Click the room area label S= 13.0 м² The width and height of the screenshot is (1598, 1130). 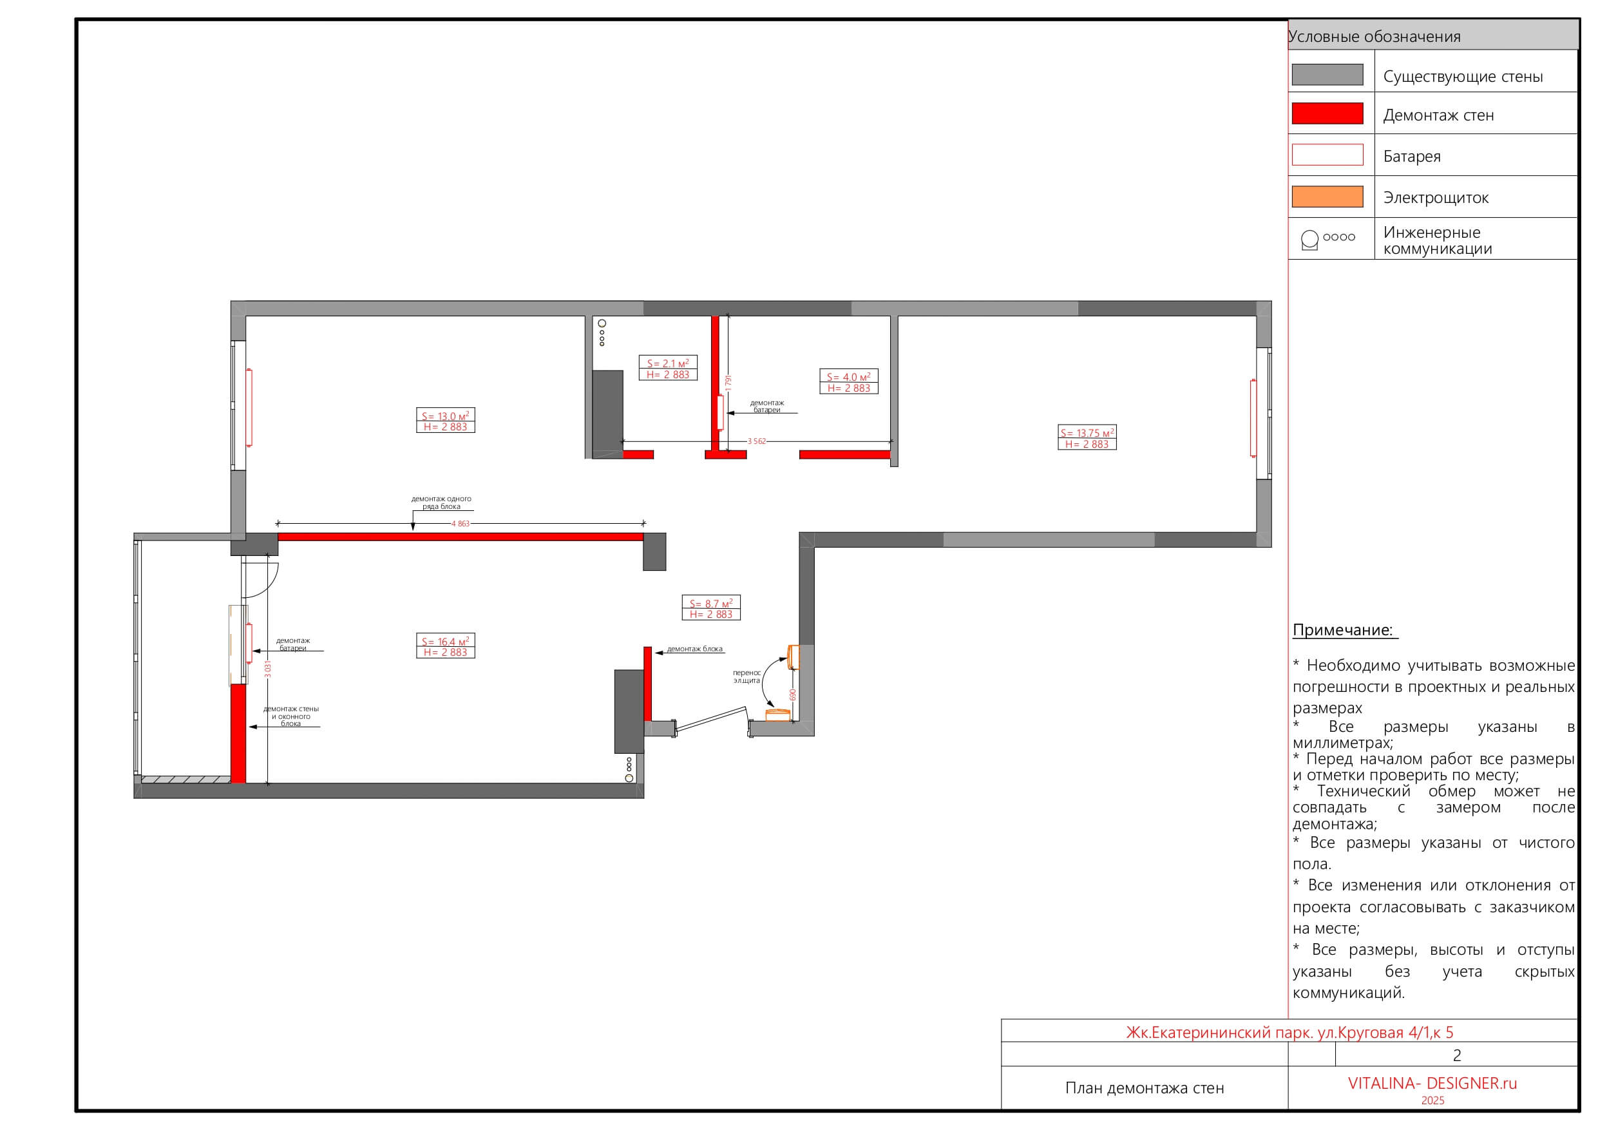[446, 416]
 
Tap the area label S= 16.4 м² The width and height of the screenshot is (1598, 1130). [446, 642]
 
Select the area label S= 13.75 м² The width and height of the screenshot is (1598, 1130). [1087, 433]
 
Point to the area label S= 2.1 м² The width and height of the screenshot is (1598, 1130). [668, 363]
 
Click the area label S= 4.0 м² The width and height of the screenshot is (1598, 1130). [849, 377]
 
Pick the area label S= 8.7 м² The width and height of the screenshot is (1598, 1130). [711, 604]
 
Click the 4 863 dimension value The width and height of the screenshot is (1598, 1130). [461, 524]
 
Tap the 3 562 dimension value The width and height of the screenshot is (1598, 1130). [757, 441]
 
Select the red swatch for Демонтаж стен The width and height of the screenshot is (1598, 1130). [1327, 113]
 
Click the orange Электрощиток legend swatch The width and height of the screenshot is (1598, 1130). [1327, 196]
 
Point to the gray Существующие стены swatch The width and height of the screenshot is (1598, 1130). [1327, 75]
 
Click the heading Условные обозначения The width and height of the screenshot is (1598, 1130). [1374, 36]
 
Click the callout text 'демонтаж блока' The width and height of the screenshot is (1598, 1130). [694, 649]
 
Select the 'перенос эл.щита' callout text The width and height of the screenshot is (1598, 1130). [747, 676]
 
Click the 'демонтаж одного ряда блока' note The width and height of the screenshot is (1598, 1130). [441, 503]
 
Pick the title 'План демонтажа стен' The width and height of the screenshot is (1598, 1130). [1144, 1088]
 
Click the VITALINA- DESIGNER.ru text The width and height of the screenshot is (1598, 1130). [1432, 1084]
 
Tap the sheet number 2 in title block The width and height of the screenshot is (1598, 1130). [1457, 1055]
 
